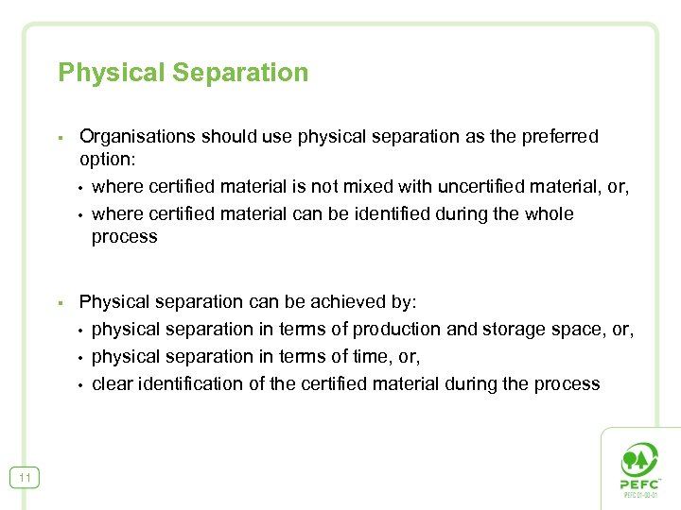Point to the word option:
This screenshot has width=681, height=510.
click(108, 160)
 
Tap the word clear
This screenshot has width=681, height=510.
click(113, 383)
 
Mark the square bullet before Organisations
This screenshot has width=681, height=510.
click(60, 138)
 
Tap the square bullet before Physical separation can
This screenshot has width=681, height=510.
click(60, 303)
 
